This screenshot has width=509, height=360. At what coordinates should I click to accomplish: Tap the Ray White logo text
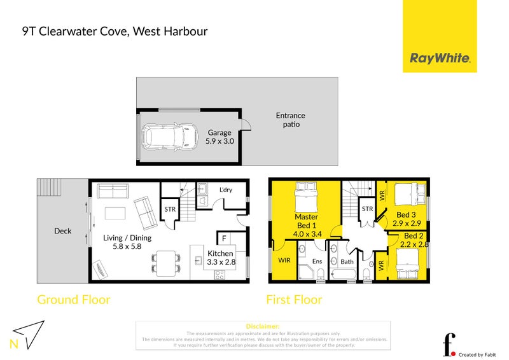click(x=440, y=59)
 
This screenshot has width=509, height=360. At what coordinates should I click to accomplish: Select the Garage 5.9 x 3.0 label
click(x=220, y=137)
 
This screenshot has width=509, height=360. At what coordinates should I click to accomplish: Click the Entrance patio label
click(x=290, y=120)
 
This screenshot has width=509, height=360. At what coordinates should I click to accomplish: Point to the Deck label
click(x=62, y=231)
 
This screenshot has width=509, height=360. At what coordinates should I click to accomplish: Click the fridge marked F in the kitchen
click(x=224, y=239)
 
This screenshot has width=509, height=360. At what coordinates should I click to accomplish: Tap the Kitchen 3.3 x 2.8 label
click(x=220, y=258)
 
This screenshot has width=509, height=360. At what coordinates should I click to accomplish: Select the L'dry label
click(x=226, y=190)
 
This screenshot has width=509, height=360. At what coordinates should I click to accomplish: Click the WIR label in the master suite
click(x=284, y=260)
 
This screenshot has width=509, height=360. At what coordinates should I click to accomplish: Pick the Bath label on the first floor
click(x=347, y=261)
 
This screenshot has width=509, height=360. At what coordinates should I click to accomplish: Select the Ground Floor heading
click(x=74, y=300)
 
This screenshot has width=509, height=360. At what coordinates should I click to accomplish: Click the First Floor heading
click(x=294, y=300)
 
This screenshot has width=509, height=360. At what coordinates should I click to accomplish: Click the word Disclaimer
click(x=262, y=326)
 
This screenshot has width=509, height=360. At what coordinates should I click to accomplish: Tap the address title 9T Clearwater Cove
click(x=115, y=31)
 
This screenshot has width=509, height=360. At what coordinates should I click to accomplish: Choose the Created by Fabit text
click(x=477, y=354)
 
